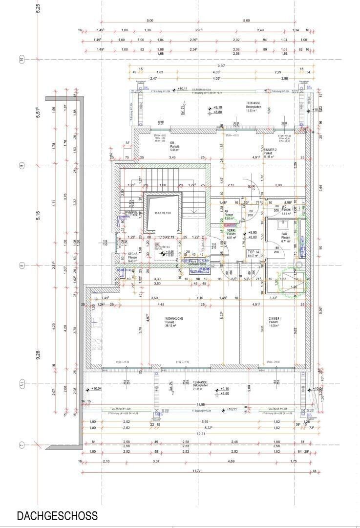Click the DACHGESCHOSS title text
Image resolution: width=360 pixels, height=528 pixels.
(x=57, y=516)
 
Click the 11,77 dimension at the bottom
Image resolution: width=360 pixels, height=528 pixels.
(x=197, y=471)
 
